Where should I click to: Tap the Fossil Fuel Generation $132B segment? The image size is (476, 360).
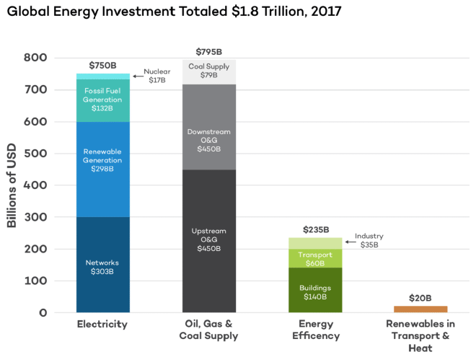pyautogui.click(x=102, y=100)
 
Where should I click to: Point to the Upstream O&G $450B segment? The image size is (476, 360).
pyautogui.click(x=208, y=241)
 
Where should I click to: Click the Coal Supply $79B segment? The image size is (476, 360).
pyautogui.click(x=208, y=71)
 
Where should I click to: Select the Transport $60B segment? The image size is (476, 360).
pyautogui.click(x=315, y=258)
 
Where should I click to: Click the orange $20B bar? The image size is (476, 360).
pyautogui.click(x=420, y=309)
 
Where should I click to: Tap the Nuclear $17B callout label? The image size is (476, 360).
pyautogui.click(x=157, y=76)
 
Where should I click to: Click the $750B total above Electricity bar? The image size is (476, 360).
pyautogui.click(x=102, y=66)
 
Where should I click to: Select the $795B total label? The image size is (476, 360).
pyautogui.click(x=208, y=52)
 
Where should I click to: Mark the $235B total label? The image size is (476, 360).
pyautogui.click(x=315, y=230)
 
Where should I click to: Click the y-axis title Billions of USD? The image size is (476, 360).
pyautogui.click(x=12, y=185)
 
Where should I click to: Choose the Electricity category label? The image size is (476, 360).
pyautogui.click(x=102, y=324)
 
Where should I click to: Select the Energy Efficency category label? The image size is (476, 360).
pyautogui.click(x=315, y=330)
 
